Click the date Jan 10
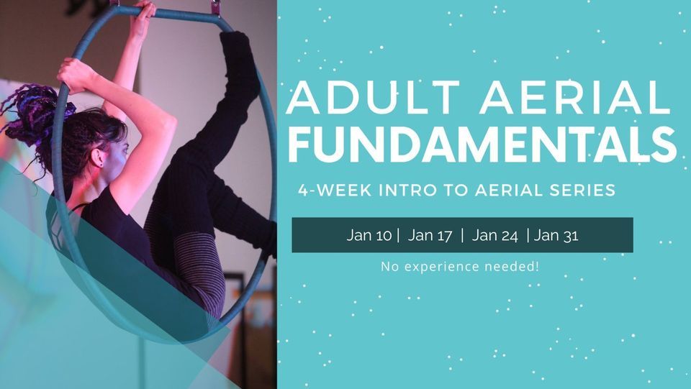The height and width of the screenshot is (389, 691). click(x=369, y=235)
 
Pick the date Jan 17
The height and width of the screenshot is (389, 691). click(x=430, y=235)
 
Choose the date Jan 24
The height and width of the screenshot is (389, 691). click(x=494, y=235)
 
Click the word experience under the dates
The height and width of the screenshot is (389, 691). click(x=439, y=267)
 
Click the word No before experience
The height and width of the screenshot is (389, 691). click(x=389, y=267)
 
